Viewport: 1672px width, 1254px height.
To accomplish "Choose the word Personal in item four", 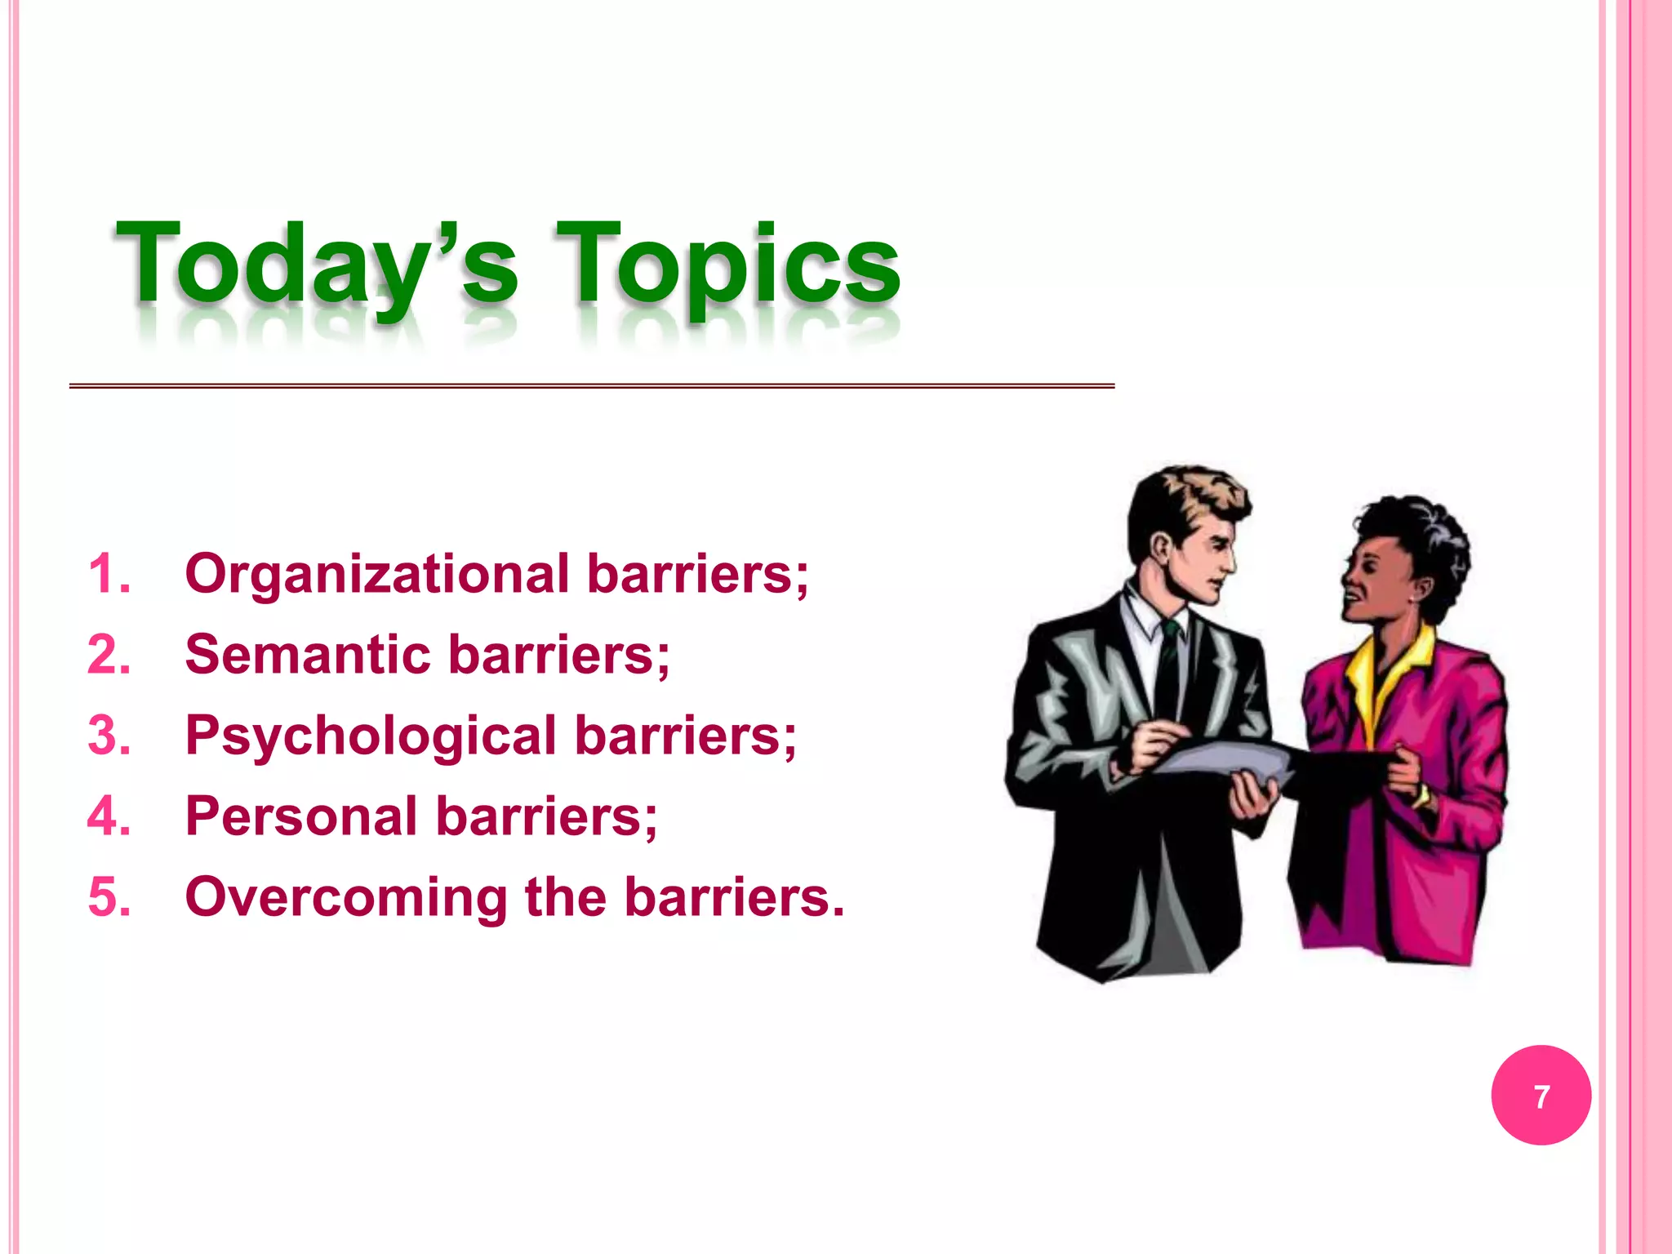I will tap(301, 816).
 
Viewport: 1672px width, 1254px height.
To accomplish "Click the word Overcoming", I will tap(346, 897).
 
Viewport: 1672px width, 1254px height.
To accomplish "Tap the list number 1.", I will tap(109, 574).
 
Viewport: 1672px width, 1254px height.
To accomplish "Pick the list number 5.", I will tap(109, 897).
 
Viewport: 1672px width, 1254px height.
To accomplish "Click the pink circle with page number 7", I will tap(1541, 1096).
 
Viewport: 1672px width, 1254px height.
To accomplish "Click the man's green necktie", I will tap(1171, 653).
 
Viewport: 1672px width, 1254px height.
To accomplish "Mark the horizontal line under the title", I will tap(591, 385).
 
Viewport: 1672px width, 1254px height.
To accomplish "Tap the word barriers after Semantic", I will tap(558, 655).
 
